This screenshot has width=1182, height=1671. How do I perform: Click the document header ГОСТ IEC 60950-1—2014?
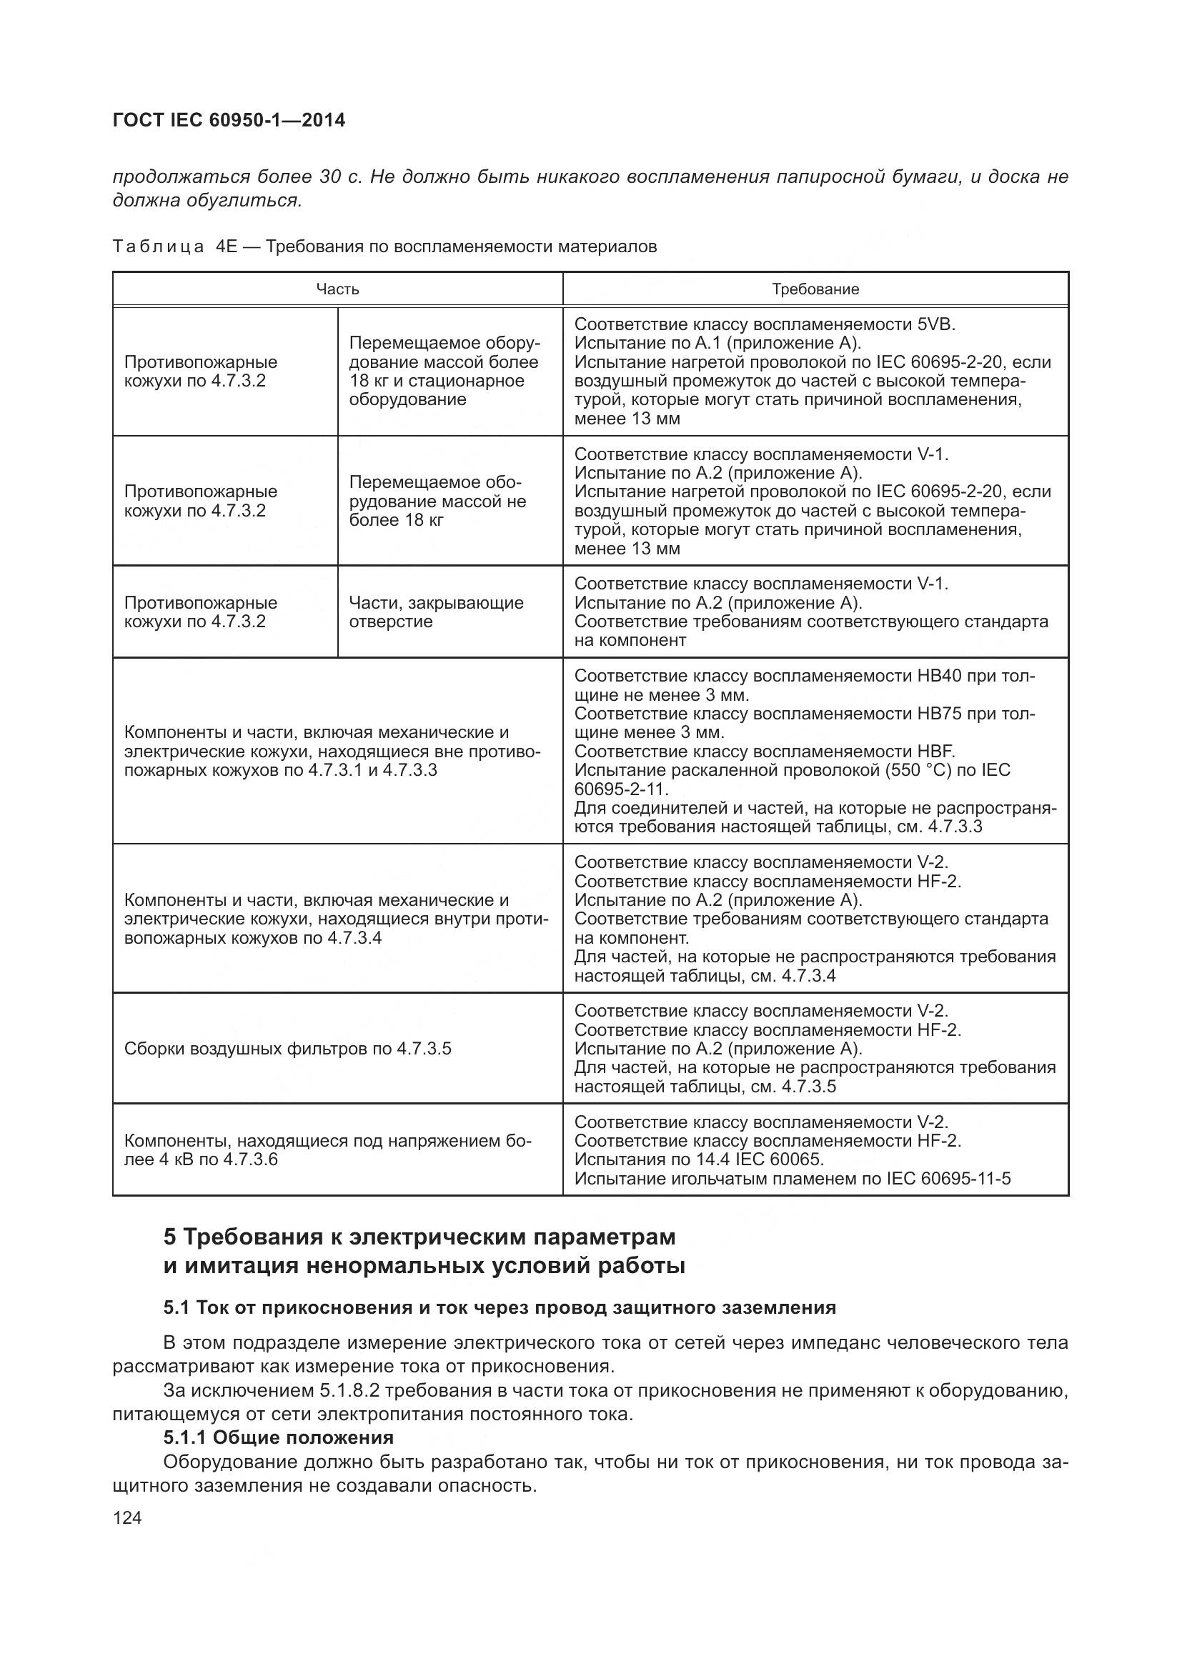coord(229,120)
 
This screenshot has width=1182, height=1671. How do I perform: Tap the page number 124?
coord(126,1518)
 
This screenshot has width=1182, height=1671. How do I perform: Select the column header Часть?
coord(337,289)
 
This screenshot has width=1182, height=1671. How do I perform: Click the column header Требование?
coord(815,289)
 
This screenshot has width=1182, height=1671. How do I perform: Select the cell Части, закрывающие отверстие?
coord(436,612)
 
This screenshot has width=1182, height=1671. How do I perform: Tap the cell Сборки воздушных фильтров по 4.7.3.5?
coord(287,1049)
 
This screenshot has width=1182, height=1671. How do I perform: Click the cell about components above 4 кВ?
coord(327,1150)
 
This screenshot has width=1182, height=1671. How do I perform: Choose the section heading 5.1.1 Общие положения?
coord(278,1437)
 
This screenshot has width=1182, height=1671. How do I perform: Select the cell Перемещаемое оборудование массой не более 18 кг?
coord(437,501)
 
